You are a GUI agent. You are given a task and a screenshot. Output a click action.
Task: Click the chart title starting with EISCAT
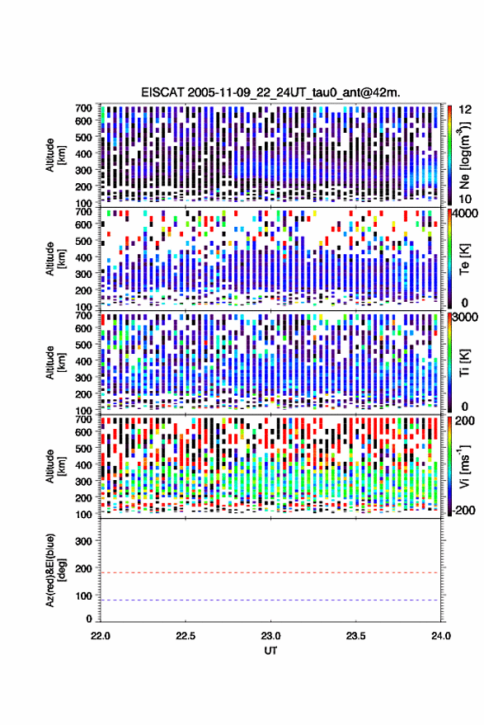coord(271,92)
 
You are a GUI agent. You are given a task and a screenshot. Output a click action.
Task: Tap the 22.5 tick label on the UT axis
coord(186,636)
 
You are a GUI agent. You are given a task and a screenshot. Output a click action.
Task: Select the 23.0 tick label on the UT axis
coord(270,636)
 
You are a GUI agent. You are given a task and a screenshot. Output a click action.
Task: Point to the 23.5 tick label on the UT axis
coord(355,636)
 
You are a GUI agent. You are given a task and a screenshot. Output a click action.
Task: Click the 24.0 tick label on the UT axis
coord(441,636)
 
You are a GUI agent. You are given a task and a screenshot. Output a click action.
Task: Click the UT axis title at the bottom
coord(270,651)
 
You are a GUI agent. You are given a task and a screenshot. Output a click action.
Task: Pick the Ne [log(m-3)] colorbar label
coord(464,154)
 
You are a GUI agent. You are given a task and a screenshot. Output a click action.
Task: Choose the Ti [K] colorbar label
coord(464,363)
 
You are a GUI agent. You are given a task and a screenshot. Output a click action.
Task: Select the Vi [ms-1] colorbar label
coord(464,466)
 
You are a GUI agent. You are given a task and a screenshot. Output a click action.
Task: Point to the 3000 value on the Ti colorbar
coord(466,318)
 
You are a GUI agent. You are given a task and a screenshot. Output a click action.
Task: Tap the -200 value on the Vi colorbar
coord(463,511)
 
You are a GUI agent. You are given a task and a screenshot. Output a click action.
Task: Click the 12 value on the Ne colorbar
coord(466,110)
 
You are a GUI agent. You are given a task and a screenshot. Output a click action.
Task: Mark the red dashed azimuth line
coord(271,573)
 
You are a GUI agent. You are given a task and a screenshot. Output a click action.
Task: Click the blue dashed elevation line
coord(271,600)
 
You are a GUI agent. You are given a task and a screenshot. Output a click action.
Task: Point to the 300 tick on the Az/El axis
coord(84,541)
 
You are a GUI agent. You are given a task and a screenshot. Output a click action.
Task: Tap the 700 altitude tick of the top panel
coord(83,108)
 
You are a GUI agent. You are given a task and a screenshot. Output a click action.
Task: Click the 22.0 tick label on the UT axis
coord(101,636)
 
